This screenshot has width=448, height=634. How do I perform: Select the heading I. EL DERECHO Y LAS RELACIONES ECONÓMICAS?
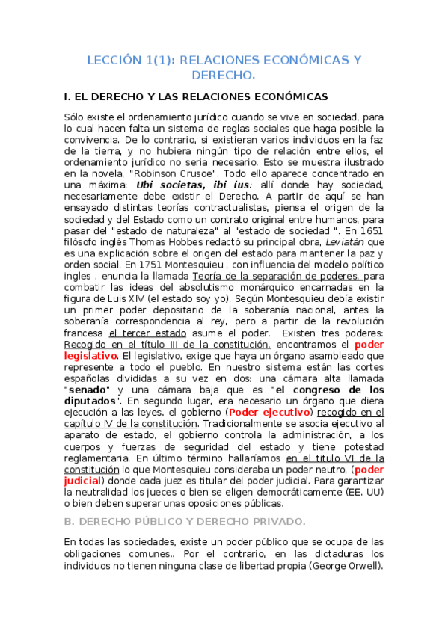[196, 97]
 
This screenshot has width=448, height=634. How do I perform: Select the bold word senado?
[88, 390]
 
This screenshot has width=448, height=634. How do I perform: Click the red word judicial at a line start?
[82, 481]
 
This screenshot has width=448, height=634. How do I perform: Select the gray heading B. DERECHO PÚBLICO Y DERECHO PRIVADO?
[185, 521]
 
